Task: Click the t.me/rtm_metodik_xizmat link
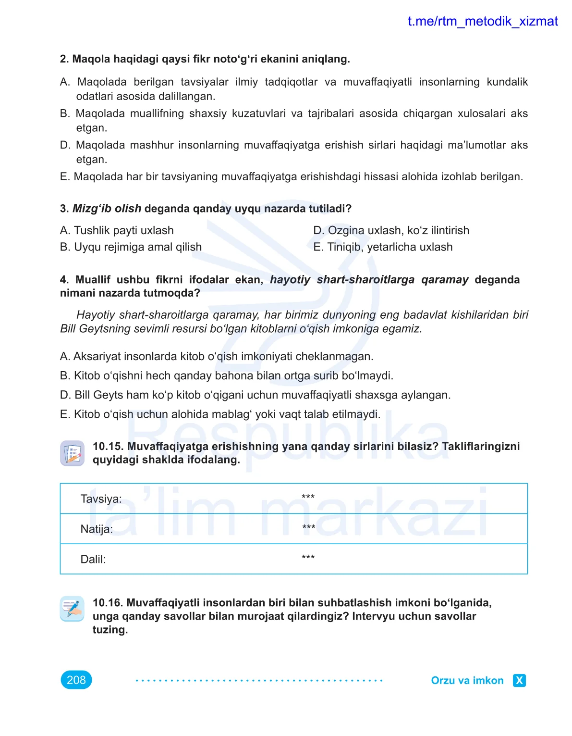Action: [x=482, y=22]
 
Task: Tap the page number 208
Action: [x=76, y=680]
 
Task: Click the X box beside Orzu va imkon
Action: [x=519, y=680]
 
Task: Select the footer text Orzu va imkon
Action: [x=467, y=680]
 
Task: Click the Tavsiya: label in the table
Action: [x=101, y=499]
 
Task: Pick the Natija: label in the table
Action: [x=97, y=529]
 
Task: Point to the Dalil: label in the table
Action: [x=93, y=559]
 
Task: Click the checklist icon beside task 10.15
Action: [x=72, y=453]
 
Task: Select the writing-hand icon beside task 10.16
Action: [x=72, y=609]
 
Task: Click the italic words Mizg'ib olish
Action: [x=107, y=208]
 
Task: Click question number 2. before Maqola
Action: [x=64, y=59]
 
